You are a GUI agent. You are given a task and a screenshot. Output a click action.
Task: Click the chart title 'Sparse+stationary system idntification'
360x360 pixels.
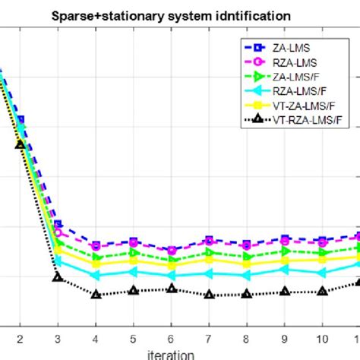180,14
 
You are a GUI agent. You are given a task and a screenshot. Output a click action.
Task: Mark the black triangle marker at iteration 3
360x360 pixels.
58,276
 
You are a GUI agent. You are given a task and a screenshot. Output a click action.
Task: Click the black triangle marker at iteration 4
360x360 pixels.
96,293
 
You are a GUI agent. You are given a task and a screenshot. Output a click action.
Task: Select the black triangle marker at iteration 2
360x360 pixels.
21,144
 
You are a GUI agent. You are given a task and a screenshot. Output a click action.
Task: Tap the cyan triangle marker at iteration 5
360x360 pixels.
133,271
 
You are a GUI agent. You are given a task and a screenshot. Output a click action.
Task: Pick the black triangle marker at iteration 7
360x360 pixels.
209,294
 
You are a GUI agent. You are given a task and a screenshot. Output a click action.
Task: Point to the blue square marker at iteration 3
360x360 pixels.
58,224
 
